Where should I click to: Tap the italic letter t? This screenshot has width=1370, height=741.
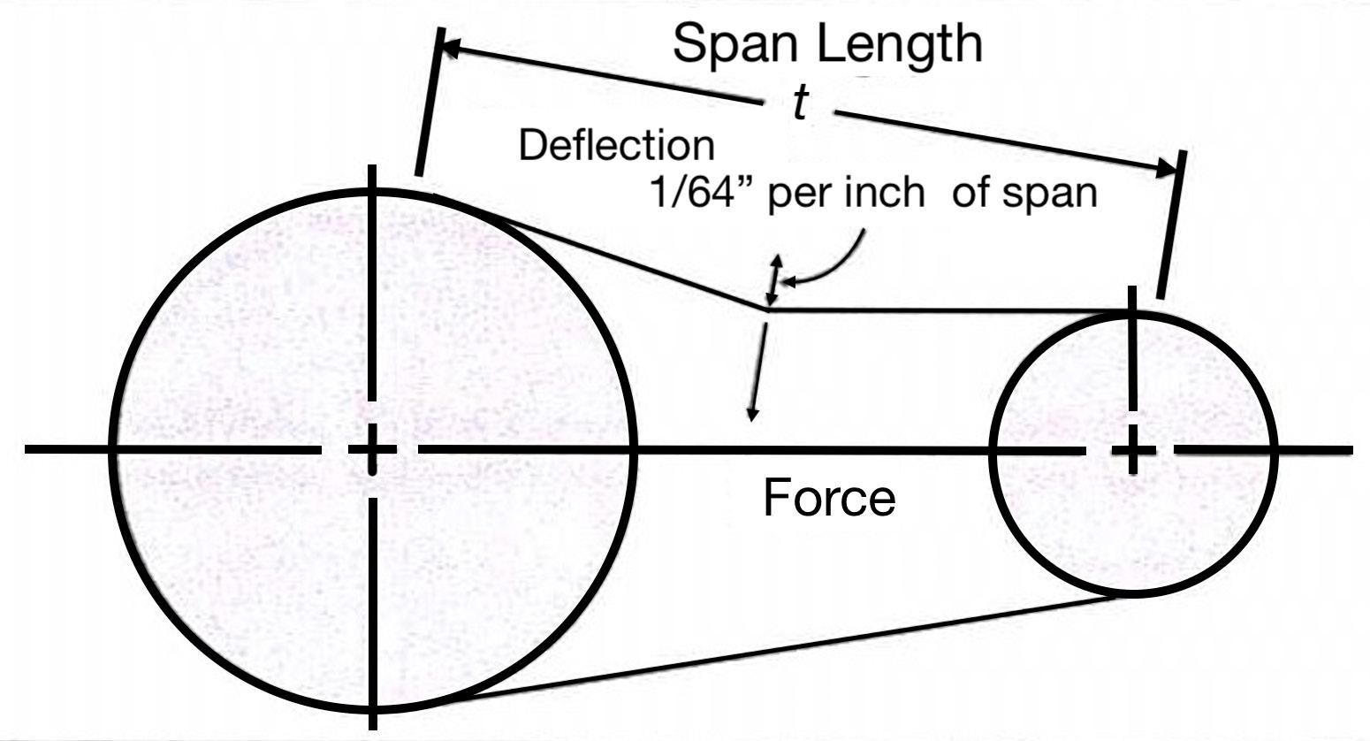[x=799, y=105]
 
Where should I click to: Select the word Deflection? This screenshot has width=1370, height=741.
[x=616, y=146]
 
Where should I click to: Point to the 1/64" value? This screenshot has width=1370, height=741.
[x=703, y=193]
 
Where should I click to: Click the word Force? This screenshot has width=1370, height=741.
[x=828, y=499]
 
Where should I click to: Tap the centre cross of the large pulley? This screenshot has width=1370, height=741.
[x=372, y=450]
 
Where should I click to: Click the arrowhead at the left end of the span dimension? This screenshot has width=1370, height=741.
[x=447, y=48]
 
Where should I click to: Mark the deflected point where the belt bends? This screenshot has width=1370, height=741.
[x=767, y=309]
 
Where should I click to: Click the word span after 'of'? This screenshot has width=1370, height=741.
[x=1056, y=193]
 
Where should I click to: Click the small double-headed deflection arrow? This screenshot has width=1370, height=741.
[x=775, y=278]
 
